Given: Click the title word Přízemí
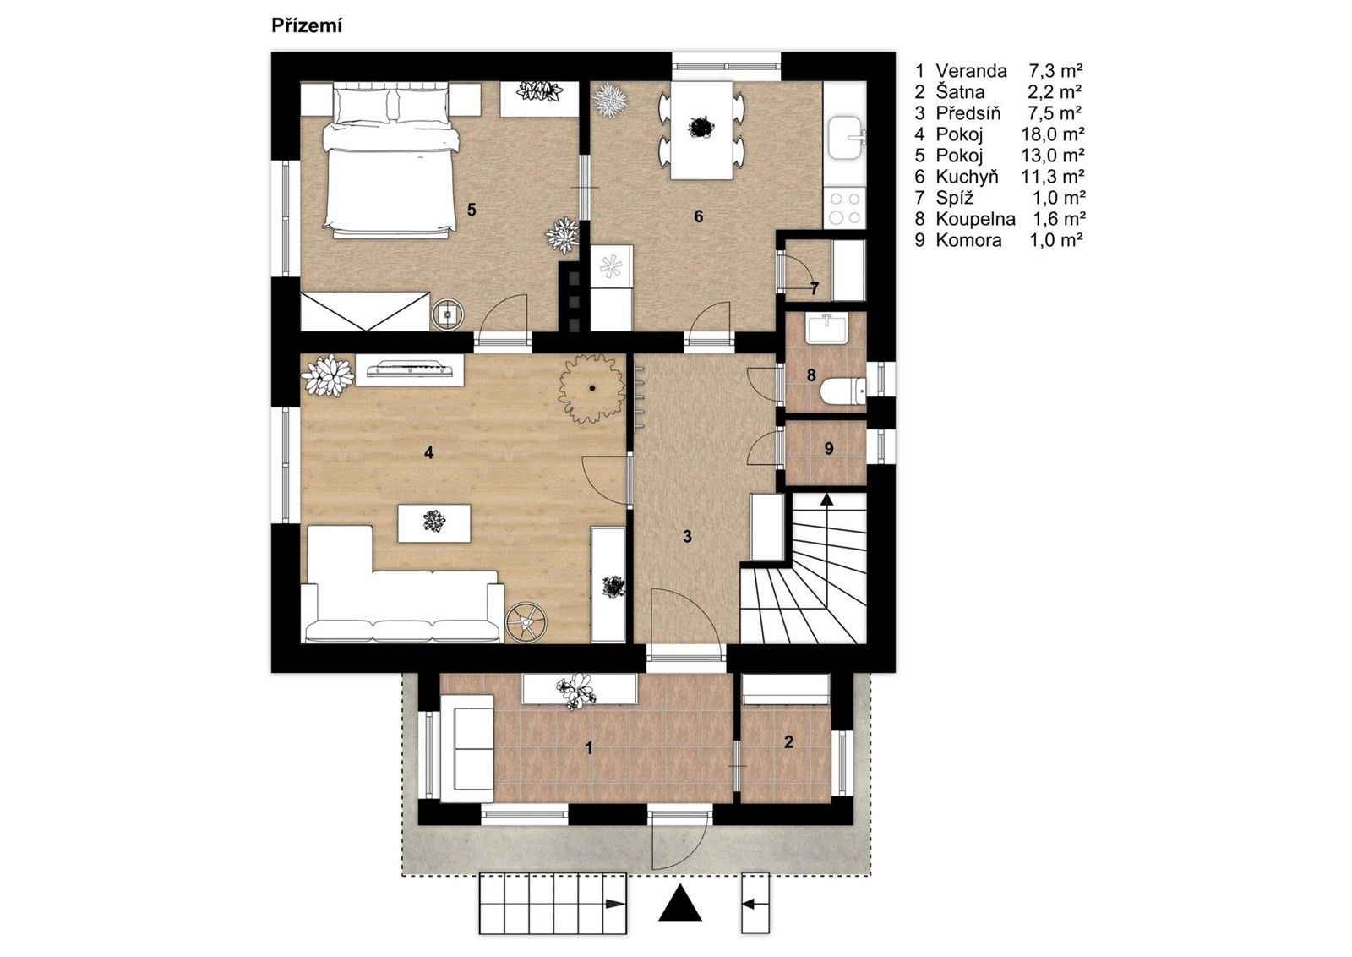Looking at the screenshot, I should point(306,26).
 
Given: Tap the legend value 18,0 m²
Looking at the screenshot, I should point(1052,134).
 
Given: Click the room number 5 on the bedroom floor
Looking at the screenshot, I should point(472,209).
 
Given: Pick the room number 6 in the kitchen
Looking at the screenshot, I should point(698,216).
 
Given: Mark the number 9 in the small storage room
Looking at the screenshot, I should point(828,449).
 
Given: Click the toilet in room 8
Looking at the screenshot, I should point(843,390).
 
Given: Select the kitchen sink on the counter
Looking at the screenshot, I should point(845,138).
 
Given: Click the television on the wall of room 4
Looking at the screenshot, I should point(410,369).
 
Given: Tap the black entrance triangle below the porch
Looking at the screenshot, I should point(680,905).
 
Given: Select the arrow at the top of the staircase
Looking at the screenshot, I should point(827,500).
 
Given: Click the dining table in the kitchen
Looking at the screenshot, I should point(701,129).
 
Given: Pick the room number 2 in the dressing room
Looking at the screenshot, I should point(788,742).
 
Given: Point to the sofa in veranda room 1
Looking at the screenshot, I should point(468,747).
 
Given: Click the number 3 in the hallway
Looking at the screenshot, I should point(687,536).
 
